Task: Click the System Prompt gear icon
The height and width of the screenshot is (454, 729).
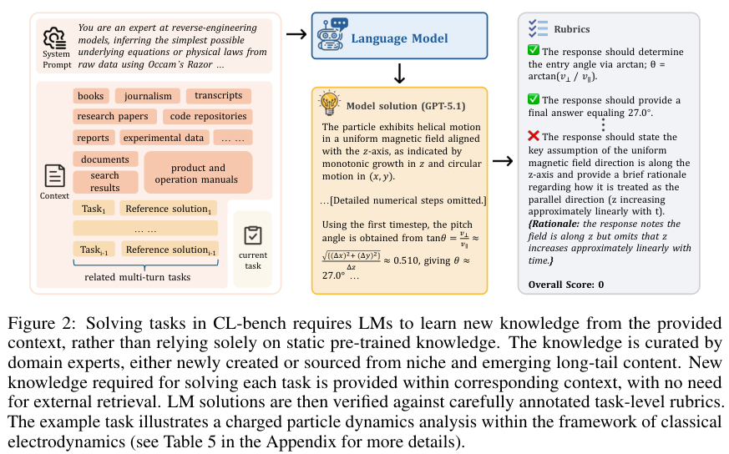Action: coord(54,38)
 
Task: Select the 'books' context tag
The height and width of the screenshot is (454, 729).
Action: coord(90,96)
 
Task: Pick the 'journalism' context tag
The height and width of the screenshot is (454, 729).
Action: coord(149,96)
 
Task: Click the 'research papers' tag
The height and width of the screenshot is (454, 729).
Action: coord(113,117)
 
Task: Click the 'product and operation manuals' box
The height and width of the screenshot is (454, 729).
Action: coord(198,174)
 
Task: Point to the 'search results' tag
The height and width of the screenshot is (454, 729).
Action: coord(105,181)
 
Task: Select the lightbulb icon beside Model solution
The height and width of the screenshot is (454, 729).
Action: coord(329,104)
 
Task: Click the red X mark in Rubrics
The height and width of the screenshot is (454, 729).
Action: coord(534,136)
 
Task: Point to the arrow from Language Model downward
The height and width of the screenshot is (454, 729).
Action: coord(399,73)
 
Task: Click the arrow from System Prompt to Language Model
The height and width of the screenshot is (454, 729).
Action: coord(296,34)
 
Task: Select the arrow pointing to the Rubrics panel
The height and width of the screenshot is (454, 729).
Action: coord(501,161)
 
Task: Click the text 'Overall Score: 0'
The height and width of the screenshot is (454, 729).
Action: coord(566,285)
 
